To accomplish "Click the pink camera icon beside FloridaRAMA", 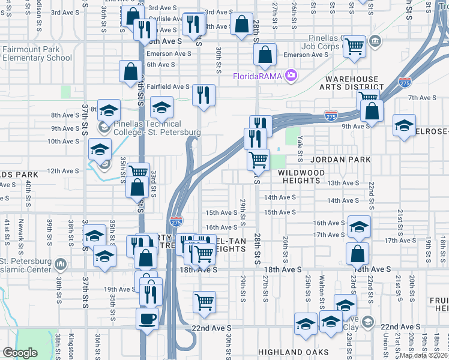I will [291, 75].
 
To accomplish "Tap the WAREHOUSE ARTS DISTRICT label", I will [352, 83].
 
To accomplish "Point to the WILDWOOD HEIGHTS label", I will [293, 176].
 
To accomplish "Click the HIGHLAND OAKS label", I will [293, 352].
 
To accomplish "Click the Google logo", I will [20, 353].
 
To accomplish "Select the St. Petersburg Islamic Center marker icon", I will [61, 264].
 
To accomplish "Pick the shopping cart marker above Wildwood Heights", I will [258, 160].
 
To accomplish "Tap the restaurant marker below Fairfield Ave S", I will [203, 94].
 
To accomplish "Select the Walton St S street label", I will [322, 291].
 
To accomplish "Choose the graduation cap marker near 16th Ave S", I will [359, 227].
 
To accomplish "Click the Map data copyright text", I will [424, 355].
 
